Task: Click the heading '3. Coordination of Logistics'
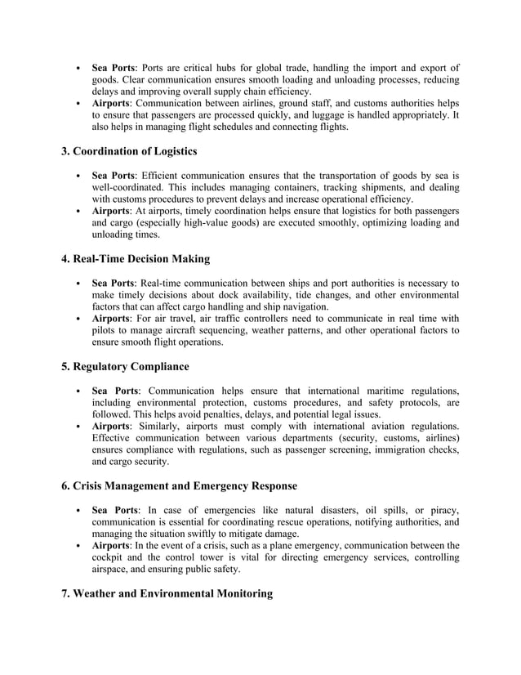pyautogui.click(x=129, y=151)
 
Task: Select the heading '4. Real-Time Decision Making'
pyautogui.click(x=136, y=259)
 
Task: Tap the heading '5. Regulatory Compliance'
pyautogui.click(x=125, y=367)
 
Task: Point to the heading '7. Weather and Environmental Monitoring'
pyautogui.click(x=167, y=593)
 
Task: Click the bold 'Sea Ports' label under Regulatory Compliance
pyautogui.click(x=115, y=391)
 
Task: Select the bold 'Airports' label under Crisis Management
pyautogui.click(x=112, y=545)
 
